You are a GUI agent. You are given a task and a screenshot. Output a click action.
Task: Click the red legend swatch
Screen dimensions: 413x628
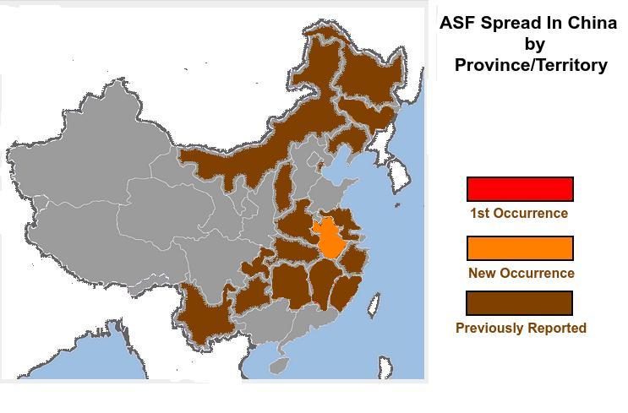(520, 189)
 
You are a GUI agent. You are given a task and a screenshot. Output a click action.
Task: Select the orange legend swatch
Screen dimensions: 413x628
(520, 248)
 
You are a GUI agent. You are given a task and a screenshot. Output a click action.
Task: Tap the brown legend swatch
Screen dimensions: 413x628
(520, 303)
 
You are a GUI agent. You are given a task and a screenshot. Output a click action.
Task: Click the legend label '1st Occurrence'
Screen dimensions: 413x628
(518, 213)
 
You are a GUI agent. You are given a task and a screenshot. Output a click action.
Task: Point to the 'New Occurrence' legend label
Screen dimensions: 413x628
(521, 273)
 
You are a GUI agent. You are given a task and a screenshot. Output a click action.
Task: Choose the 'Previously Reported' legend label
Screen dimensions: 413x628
(521, 328)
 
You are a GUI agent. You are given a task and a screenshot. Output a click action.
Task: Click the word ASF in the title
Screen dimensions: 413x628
(457, 23)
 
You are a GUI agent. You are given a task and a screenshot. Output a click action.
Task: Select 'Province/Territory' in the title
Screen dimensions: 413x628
(531, 64)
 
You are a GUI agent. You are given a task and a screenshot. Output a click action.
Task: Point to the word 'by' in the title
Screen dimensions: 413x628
(534, 43)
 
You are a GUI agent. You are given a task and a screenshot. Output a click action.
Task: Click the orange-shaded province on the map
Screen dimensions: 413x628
(334, 237)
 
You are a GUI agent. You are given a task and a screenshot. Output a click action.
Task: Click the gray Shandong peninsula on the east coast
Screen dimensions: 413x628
(338, 196)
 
